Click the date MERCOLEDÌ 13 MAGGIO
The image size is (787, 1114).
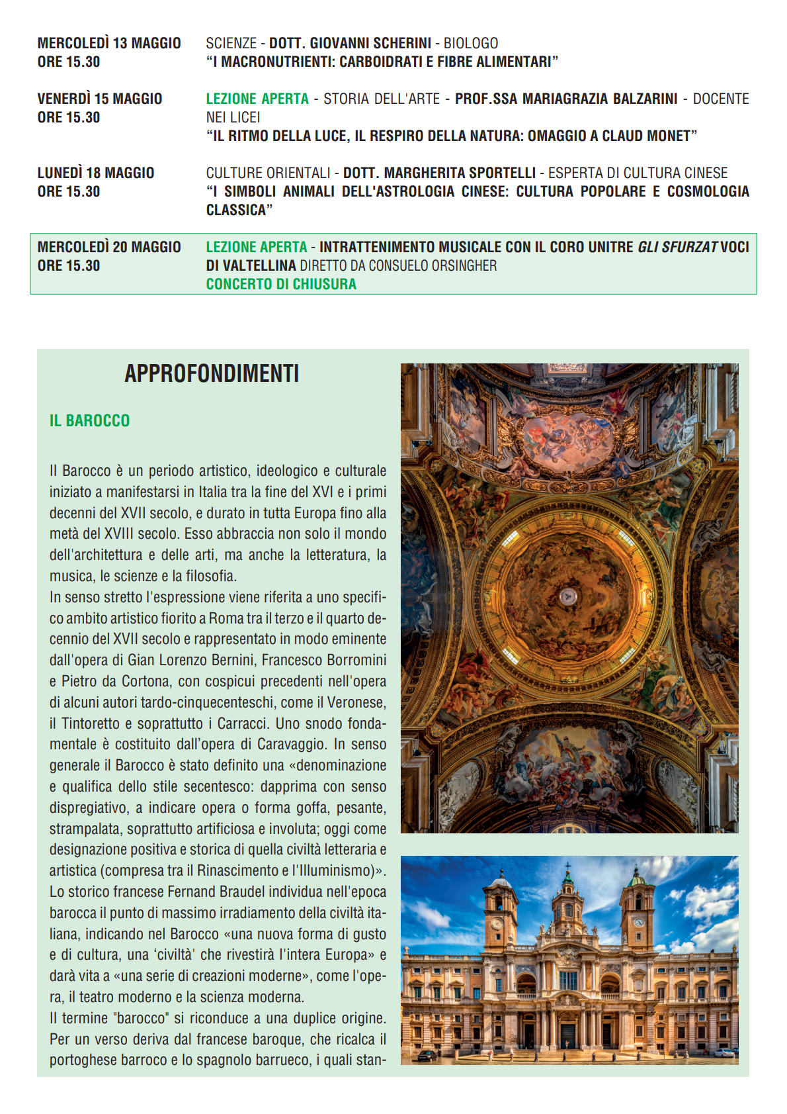coord(109,44)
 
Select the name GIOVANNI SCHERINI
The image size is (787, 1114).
coord(370,44)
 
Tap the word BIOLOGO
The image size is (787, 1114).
coord(471,44)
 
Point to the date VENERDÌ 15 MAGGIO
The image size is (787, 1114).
coord(100,99)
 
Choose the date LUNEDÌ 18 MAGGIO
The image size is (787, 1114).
coord(96,173)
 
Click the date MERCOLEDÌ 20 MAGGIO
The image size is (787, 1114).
coord(109,248)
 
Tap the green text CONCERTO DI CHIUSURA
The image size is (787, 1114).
coord(281,285)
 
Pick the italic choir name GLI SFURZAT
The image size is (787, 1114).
coord(677,248)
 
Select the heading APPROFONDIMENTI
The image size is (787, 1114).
coord(212,374)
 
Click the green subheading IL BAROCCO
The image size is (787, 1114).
coord(90,421)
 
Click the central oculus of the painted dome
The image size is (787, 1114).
coord(567,596)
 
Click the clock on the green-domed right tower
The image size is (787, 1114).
coord(639,921)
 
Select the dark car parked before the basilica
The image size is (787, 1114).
coord(427,1055)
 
